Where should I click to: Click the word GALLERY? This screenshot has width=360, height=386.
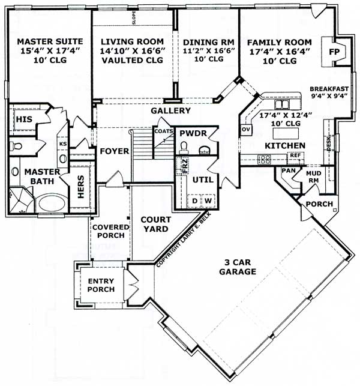point(170,111)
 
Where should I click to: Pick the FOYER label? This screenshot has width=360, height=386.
point(115,151)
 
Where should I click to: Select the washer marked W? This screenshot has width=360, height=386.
point(208,200)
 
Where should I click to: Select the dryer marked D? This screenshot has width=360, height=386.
point(194,200)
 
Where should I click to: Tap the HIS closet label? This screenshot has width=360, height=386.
point(23,119)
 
